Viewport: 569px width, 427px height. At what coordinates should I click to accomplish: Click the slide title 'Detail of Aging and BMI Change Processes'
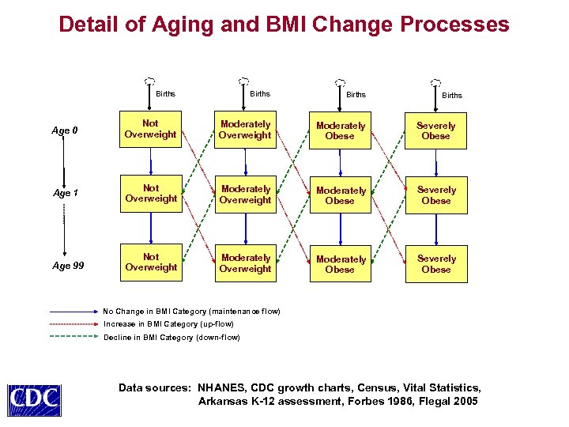(x=284, y=25)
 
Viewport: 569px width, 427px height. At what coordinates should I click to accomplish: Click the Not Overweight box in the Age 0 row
(x=150, y=129)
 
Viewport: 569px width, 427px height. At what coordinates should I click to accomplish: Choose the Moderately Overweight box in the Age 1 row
(x=245, y=195)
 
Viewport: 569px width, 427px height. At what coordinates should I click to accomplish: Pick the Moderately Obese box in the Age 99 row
(x=340, y=264)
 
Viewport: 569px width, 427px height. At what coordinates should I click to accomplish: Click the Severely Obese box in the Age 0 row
(x=435, y=130)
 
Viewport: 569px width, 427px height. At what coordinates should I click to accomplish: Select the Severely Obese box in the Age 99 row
(x=435, y=264)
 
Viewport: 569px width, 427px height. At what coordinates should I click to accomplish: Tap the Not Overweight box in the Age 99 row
(x=150, y=263)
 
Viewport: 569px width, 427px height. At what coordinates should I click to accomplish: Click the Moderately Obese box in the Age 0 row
(x=340, y=130)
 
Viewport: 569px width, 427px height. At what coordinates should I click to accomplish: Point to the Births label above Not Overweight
(x=166, y=94)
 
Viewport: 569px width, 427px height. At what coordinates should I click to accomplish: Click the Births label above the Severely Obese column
(x=452, y=96)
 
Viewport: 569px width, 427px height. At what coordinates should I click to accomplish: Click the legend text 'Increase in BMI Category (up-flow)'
(x=168, y=324)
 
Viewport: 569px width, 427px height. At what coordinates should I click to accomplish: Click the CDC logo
(x=34, y=399)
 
